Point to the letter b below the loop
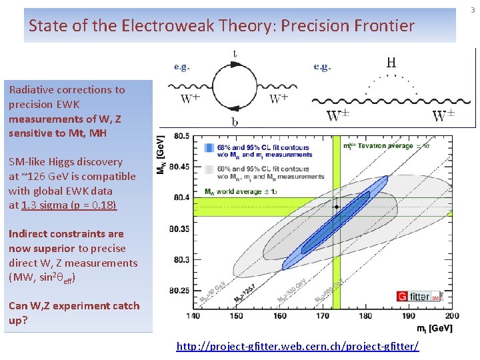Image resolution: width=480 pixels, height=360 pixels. (x=234, y=122)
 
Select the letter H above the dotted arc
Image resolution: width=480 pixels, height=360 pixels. (x=391, y=63)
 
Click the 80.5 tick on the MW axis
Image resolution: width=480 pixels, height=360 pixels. (x=180, y=136)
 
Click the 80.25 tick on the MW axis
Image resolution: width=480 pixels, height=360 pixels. (x=179, y=291)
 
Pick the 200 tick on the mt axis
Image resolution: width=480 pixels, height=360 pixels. (x=451, y=315)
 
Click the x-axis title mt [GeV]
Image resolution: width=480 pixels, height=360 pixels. (x=434, y=328)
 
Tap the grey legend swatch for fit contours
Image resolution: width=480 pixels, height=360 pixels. (x=210, y=172)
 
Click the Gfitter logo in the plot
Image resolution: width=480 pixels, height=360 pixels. (x=419, y=295)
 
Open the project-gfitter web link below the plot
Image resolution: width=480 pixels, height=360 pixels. (x=297, y=346)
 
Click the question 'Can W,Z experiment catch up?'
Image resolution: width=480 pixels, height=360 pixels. (x=74, y=313)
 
